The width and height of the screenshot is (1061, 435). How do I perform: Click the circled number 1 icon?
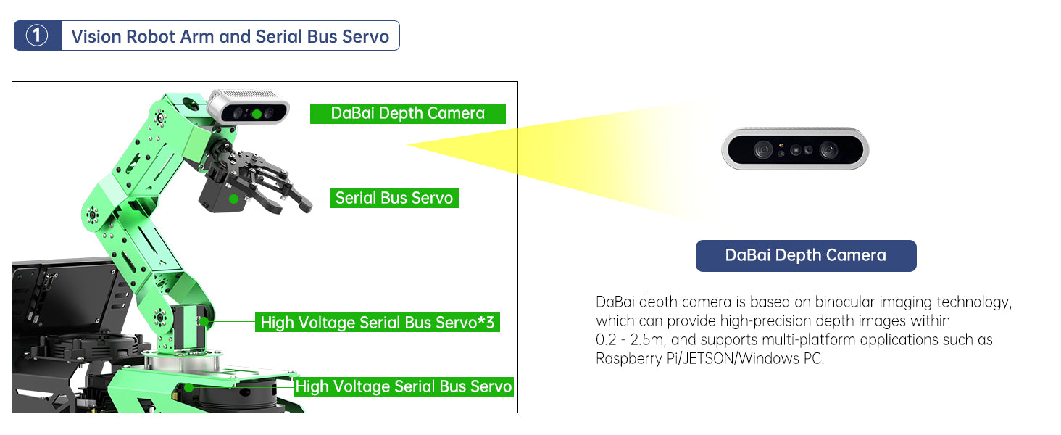pyautogui.click(x=37, y=36)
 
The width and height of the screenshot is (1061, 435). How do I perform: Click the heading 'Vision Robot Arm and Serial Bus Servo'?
pyautogui.click(x=230, y=36)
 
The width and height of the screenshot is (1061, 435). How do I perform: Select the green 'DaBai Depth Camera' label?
pyautogui.click(x=407, y=113)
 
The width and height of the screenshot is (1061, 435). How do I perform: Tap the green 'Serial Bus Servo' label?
pyautogui.click(x=394, y=198)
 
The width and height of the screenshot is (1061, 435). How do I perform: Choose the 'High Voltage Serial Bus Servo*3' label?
pyautogui.click(x=377, y=323)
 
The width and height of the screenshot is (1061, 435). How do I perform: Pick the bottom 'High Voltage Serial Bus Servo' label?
pyautogui.click(x=403, y=387)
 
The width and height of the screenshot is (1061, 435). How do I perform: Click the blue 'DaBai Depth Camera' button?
pyautogui.click(x=805, y=255)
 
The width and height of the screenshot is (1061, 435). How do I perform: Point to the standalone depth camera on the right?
pyautogui.click(x=795, y=150)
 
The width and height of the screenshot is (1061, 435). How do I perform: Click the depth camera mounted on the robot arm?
pyautogui.click(x=249, y=109)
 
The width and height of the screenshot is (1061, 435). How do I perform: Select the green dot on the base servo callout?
pyautogui.click(x=189, y=387)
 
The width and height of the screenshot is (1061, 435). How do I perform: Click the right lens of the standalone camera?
pyautogui.click(x=828, y=150)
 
